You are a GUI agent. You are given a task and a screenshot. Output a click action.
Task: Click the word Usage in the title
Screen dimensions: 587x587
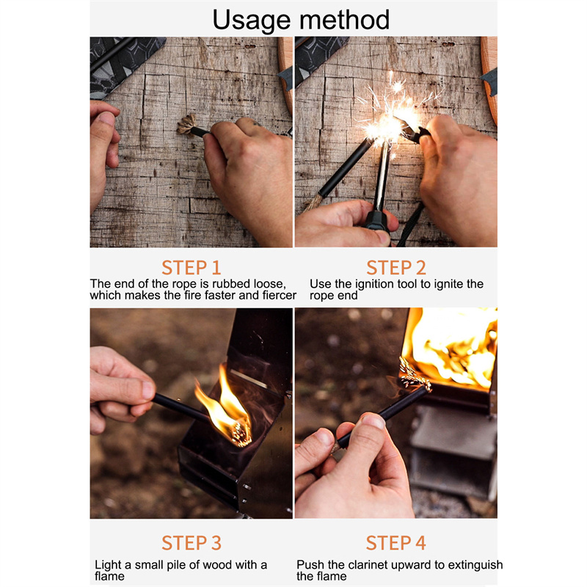pyautogui.click(x=251, y=21)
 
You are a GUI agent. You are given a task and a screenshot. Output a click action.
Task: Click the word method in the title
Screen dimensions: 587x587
pyautogui.click(x=344, y=20)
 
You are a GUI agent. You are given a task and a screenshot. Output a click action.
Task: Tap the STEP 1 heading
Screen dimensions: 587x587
pyautogui.click(x=192, y=268)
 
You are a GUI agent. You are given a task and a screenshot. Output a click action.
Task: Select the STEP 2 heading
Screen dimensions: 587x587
pyautogui.click(x=396, y=268)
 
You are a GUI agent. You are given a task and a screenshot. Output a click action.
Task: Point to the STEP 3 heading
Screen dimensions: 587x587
pyautogui.click(x=192, y=543)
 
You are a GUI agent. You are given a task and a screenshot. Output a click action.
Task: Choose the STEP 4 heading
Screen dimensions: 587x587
pyautogui.click(x=396, y=543)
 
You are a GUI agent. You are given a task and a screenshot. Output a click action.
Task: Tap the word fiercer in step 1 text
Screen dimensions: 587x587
pyautogui.click(x=280, y=296)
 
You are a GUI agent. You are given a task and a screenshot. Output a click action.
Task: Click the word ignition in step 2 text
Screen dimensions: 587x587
pyautogui.click(x=375, y=285)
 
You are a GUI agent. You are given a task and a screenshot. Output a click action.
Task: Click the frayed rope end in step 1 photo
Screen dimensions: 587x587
pyautogui.click(x=187, y=125)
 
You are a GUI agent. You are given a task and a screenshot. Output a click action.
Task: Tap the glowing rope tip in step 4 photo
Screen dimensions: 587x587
pyautogui.click(x=414, y=376)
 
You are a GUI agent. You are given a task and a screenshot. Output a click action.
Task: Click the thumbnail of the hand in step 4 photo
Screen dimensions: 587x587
pyautogui.click(x=373, y=421)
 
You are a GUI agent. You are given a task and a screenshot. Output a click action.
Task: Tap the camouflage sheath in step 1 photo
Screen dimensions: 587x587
pyautogui.click(x=123, y=64)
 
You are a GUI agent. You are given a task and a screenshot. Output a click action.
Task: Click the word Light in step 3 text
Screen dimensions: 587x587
pyautogui.click(x=108, y=565)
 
